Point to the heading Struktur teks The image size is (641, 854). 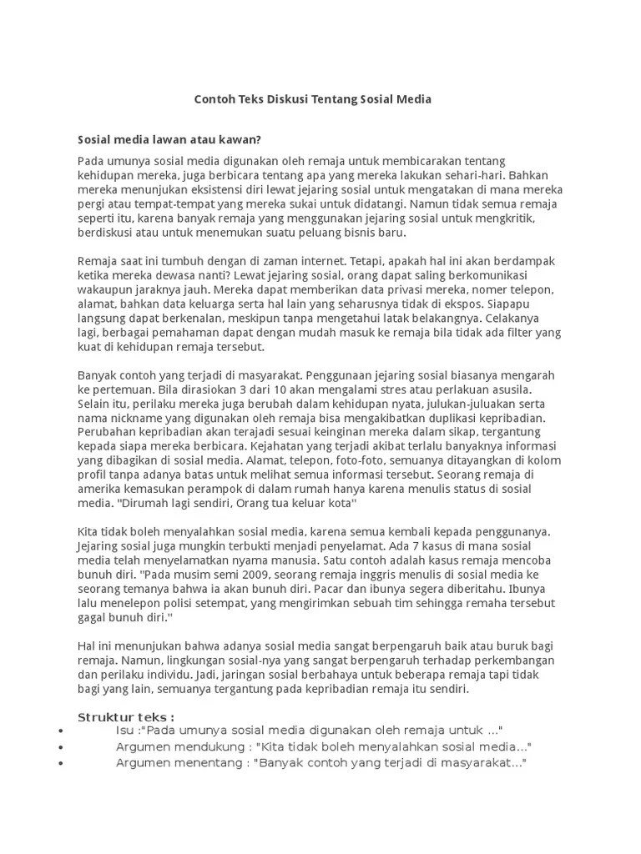[x=125, y=717]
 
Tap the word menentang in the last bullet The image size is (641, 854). [x=213, y=763]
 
